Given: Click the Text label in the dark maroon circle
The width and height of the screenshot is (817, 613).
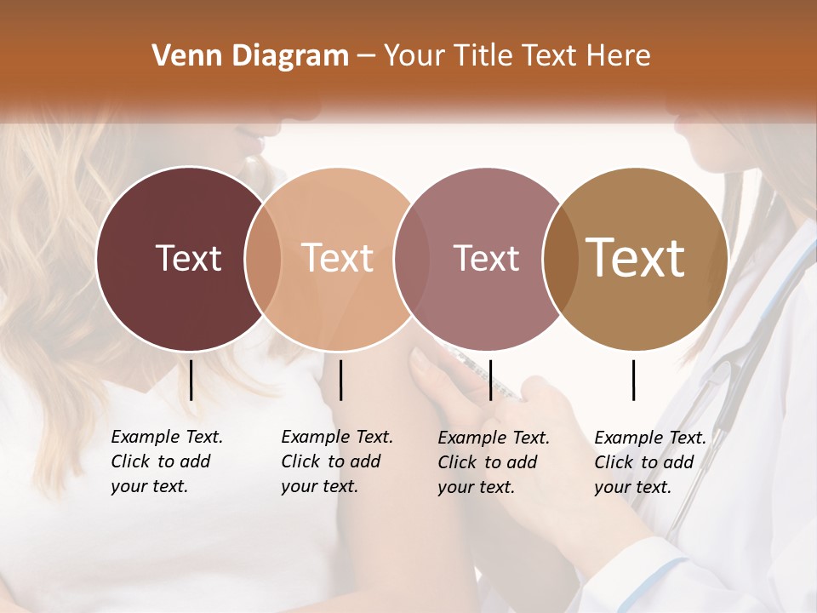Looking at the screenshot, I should click(188, 258).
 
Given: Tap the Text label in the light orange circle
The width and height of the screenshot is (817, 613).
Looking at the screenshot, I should click(338, 258).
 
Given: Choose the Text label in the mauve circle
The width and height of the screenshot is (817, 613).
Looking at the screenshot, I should click(486, 258).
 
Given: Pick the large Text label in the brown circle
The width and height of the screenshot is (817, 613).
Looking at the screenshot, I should click(636, 258).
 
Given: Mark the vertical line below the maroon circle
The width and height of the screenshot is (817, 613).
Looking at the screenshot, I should click(191, 380).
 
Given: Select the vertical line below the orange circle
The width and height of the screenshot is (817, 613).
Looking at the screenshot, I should click(340, 380).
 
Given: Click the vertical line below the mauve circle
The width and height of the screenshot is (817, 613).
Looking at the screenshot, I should click(490, 380).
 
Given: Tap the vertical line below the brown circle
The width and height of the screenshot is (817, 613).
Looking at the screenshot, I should click(634, 380).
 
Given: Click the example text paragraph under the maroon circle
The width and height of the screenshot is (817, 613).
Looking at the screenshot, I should click(166, 461).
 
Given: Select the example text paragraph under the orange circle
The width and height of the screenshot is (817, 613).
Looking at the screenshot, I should click(336, 461).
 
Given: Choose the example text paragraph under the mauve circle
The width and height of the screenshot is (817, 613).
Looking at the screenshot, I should click(493, 462).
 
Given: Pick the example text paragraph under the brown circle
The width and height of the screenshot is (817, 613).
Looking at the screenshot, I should click(649, 462).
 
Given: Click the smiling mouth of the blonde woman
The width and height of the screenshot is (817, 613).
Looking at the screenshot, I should click(249, 137).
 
